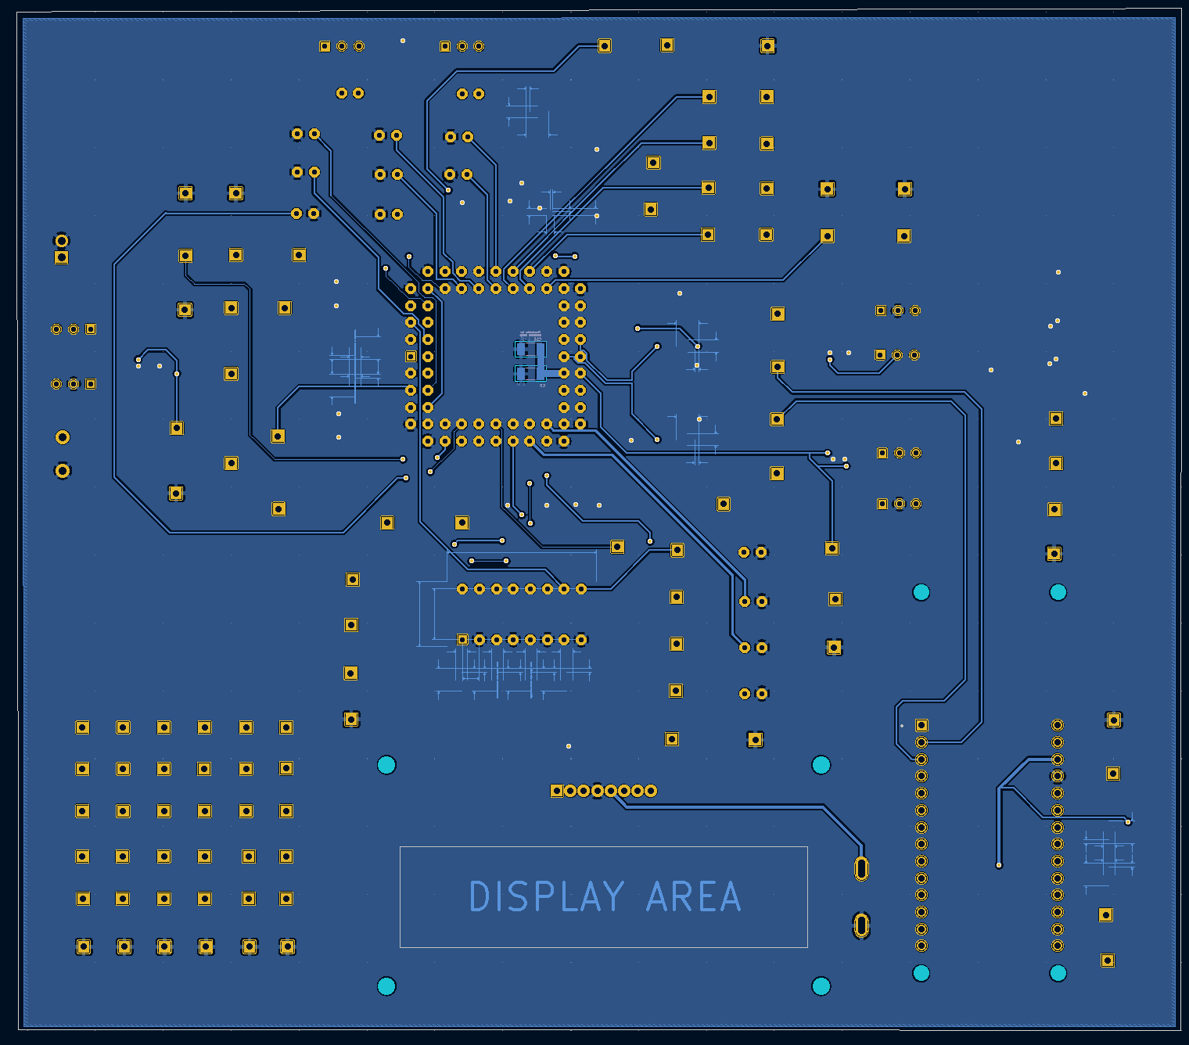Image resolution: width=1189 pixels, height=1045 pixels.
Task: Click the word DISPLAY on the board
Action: (x=546, y=896)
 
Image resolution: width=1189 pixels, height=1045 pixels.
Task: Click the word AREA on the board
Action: (x=693, y=896)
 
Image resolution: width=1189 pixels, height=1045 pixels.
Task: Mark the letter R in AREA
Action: (x=682, y=896)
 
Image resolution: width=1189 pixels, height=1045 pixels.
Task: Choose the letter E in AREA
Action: (x=706, y=896)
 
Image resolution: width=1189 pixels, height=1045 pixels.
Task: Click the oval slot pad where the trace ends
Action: (x=861, y=868)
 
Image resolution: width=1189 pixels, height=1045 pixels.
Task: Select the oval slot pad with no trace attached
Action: (x=861, y=925)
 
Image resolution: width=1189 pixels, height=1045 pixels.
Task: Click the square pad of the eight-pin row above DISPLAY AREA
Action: (x=556, y=791)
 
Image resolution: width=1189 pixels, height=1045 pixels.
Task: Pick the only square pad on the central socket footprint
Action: (x=411, y=357)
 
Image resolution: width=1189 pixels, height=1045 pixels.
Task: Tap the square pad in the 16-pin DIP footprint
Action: (x=462, y=640)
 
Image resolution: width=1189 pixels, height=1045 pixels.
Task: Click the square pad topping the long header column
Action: (x=921, y=725)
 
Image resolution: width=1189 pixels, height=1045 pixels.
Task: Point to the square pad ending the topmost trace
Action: (x=604, y=46)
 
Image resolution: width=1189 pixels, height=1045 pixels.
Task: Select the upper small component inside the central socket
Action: (x=530, y=349)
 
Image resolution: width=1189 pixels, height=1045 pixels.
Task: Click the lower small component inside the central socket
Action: (x=530, y=373)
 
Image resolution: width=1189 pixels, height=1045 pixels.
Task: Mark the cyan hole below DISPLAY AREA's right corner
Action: (x=821, y=986)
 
